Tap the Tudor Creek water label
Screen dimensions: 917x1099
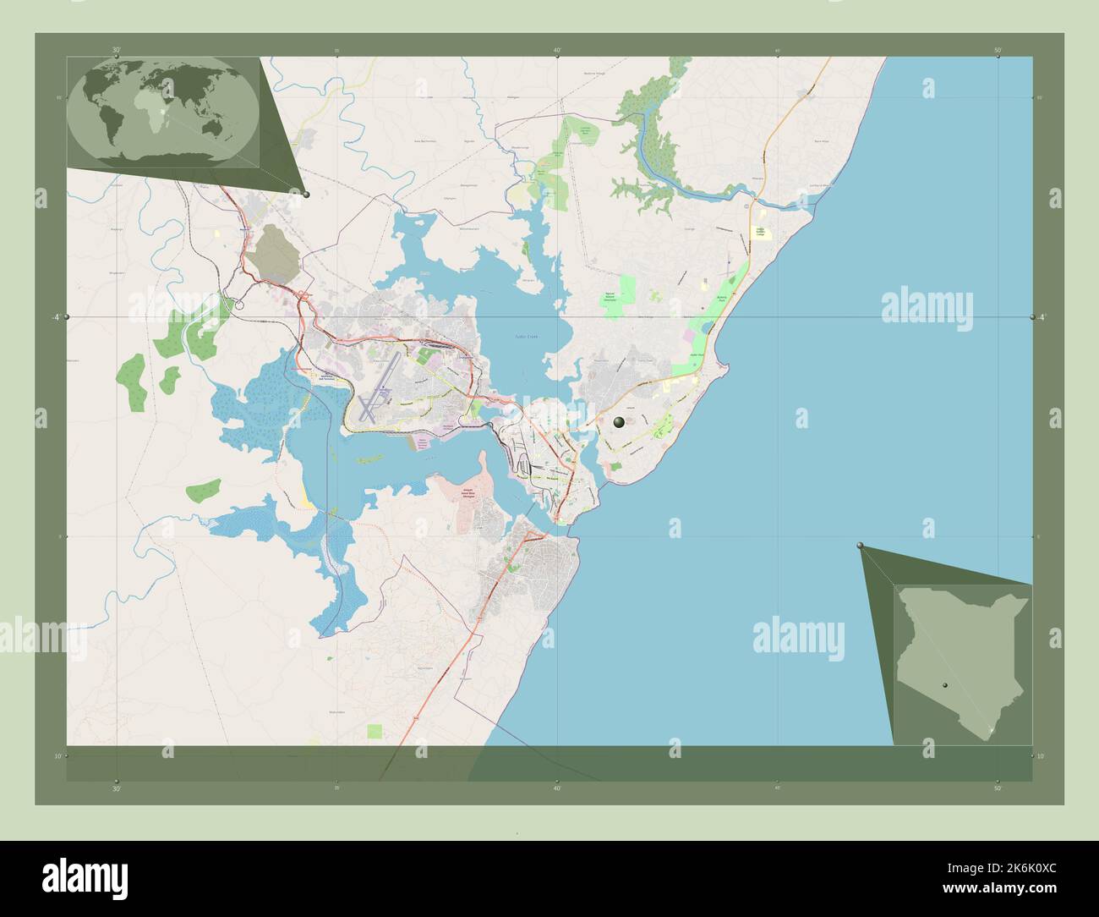click(x=526, y=337)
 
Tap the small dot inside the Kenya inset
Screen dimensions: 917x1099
click(x=945, y=686)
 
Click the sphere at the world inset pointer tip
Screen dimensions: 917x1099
click(x=306, y=195)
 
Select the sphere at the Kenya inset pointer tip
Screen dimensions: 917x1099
click(x=861, y=546)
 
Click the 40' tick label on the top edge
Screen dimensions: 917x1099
click(x=557, y=50)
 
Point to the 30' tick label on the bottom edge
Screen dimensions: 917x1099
click(x=117, y=788)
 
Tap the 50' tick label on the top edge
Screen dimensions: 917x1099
click(x=998, y=50)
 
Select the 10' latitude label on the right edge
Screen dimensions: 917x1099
click(x=1041, y=756)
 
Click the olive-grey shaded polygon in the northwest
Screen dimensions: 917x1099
click(x=273, y=250)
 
